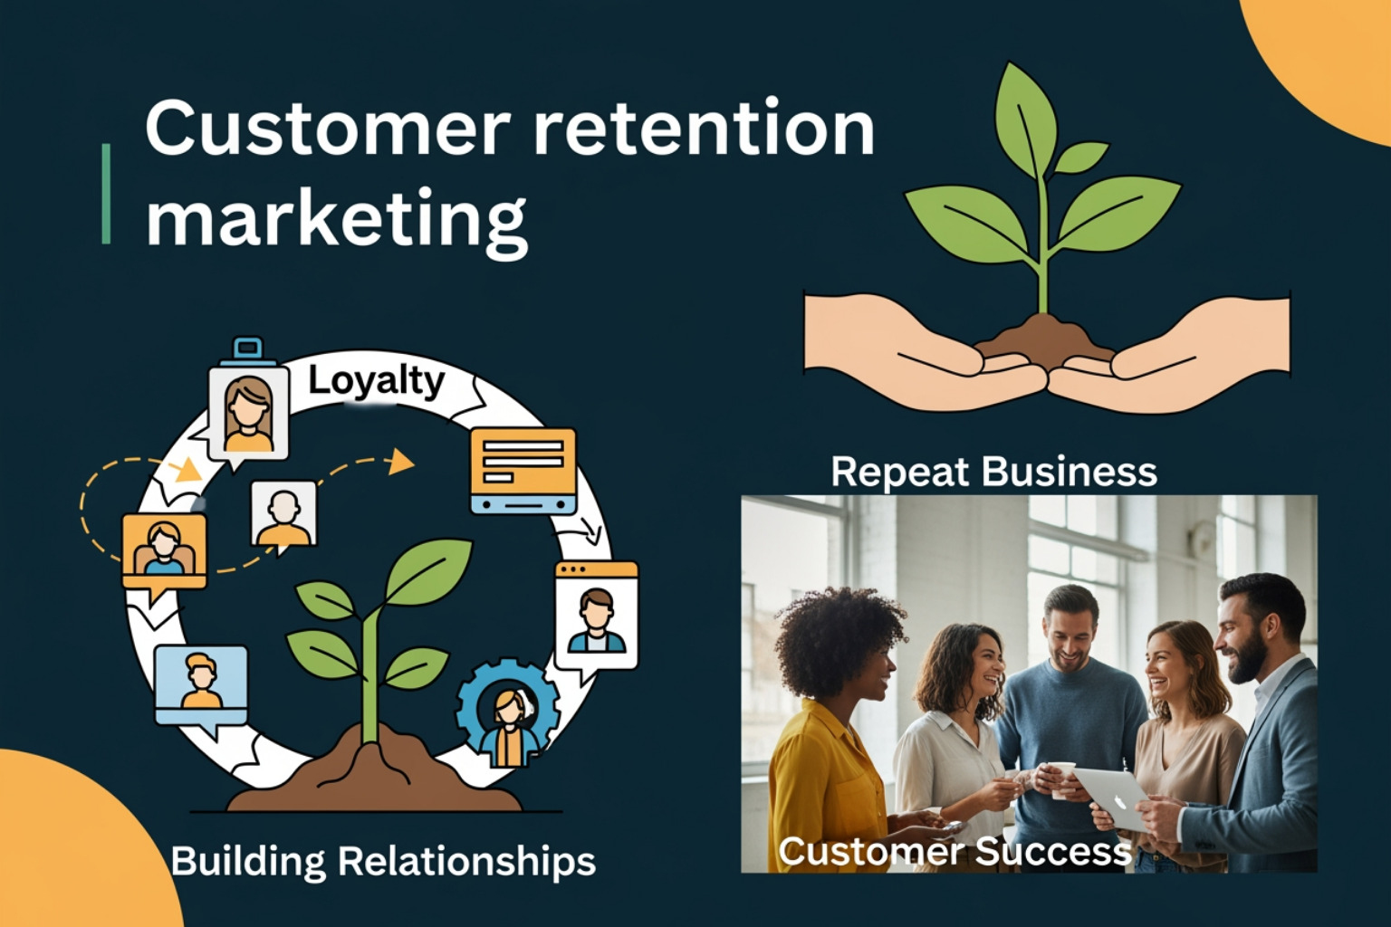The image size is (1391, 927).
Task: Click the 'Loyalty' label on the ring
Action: (x=376, y=381)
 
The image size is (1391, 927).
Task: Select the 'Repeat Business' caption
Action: (x=993, y=472)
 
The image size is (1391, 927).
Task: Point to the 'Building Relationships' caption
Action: (x=383, y=861)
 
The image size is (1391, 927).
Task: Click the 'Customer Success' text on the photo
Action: (x=955, y=851)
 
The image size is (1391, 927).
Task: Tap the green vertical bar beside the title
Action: (x=107, y=193)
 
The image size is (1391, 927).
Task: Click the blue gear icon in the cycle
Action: (x=508, y=711)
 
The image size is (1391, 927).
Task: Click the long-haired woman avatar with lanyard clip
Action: (x=247, y=412)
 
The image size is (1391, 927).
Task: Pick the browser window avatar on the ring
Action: (x=596, y=614)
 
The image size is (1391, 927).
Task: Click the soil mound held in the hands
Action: (x=1046, y=339)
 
